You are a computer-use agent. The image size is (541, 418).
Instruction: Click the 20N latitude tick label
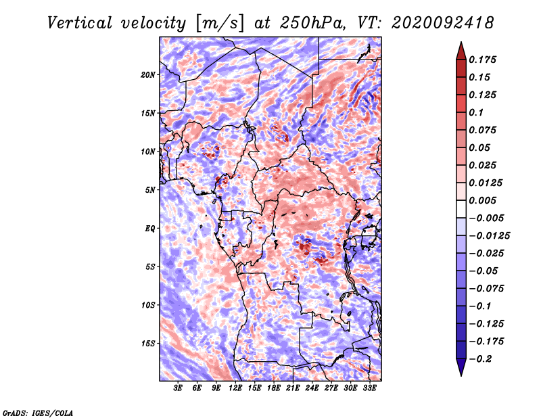pos(148,75)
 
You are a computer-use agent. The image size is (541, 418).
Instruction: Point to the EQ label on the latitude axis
pos(150,229)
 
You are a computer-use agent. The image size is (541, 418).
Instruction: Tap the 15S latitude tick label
pos(148,344)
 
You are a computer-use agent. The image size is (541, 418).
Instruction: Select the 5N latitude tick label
pos(150,190)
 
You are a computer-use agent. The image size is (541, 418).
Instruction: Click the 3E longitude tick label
pos(178,388)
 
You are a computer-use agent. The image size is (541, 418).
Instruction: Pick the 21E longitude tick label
pos(293,388)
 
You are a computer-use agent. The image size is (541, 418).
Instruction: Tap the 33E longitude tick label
pos(369,388)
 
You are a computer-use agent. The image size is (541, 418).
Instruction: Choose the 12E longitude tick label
pos(235,388)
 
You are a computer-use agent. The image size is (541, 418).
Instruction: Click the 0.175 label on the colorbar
pos(482,60)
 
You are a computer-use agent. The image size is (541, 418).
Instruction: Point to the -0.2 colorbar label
pos(480,359)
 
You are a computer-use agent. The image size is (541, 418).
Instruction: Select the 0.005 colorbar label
pos(482,200)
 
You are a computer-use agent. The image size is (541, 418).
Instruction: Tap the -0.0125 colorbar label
pos(489,236)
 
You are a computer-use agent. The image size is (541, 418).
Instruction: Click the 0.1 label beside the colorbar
pos(476,112)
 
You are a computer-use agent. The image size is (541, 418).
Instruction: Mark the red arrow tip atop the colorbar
pos(461,42)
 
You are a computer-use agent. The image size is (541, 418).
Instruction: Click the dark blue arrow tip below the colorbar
pos(461,375)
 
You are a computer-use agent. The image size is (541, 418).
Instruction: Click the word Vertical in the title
pos(80,23)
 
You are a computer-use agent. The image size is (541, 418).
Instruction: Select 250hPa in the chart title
pos(312,23)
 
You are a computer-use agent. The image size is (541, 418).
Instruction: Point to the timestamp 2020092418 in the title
pos(443,23)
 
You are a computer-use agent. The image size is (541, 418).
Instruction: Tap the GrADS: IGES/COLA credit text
pos(38,413)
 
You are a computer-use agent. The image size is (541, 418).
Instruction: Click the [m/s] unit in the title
pos(220,23)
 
